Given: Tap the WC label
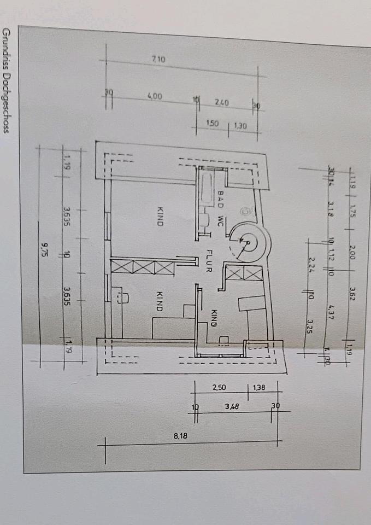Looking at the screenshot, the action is pos(221,220).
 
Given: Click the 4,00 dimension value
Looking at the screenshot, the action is pos(155,96).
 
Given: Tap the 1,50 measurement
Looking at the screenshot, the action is pos(212,124).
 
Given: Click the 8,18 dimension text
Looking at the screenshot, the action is pos(181,436).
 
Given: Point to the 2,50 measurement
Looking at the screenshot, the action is pos(220,388).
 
